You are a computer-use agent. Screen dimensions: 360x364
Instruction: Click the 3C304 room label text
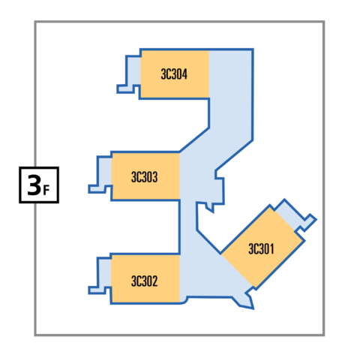174,74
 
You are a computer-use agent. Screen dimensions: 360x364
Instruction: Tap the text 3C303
145,177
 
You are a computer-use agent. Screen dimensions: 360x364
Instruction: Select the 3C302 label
145,281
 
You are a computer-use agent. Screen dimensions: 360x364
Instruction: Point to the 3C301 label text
261,249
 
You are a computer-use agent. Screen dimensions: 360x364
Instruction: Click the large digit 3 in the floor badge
34,185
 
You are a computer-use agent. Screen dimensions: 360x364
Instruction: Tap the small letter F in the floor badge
46,190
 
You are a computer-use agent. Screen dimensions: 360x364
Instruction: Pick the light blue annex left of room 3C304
133,71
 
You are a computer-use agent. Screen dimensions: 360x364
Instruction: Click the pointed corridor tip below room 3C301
253,308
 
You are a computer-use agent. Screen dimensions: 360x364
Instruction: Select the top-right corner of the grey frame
324,22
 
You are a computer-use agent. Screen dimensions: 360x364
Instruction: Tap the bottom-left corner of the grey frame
35,335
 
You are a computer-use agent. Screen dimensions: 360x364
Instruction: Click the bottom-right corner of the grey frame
324,335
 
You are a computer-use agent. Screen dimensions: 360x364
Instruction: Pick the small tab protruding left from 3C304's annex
122,89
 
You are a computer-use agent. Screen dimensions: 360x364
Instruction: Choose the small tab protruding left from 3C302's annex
94,290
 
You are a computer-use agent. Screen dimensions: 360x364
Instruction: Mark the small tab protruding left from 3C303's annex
94,189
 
